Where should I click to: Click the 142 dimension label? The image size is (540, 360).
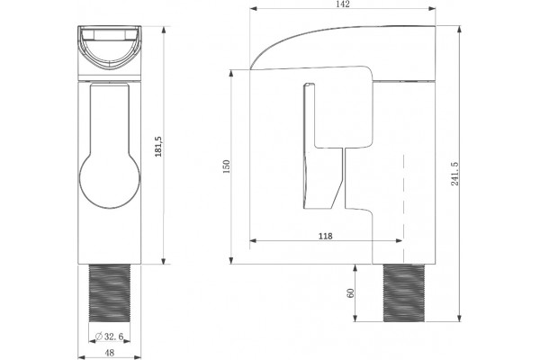343,4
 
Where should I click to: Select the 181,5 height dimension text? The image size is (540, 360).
158,147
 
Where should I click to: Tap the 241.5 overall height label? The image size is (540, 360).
454,174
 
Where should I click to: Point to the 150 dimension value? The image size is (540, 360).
226,166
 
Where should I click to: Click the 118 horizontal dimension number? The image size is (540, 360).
326,236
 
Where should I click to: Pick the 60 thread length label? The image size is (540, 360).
351,293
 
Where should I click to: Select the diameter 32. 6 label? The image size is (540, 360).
110,337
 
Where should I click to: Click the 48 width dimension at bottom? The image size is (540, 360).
110,353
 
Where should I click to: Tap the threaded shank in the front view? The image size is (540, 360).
110,293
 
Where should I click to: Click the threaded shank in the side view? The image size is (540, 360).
403,293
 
